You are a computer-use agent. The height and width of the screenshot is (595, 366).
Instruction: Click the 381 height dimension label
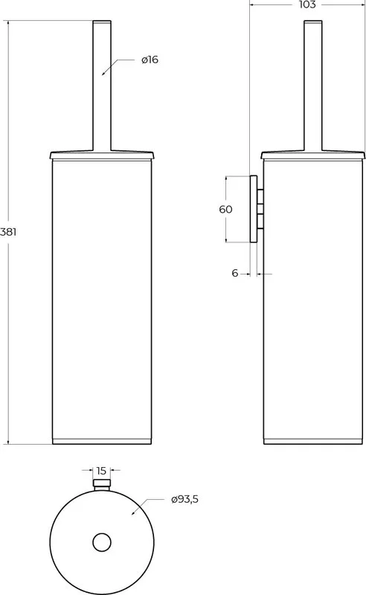(8, 231)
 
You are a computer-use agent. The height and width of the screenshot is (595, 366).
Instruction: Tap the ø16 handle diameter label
(150, 59)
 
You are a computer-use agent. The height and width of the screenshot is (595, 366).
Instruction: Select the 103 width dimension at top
(307, 4)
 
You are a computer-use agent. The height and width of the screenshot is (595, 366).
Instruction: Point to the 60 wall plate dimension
(225, 209)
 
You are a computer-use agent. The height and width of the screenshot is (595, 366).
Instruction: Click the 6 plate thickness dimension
(234, 273)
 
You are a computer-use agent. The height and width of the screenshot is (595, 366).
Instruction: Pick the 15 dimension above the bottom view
(101, 471)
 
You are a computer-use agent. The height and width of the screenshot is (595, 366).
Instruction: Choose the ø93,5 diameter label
(184, 499)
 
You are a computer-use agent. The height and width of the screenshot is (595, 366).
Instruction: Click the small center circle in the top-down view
(102, 542)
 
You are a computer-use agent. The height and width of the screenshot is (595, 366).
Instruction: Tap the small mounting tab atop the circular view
(102, 486)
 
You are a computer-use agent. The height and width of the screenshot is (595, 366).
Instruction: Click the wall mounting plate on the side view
(253, 209)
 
